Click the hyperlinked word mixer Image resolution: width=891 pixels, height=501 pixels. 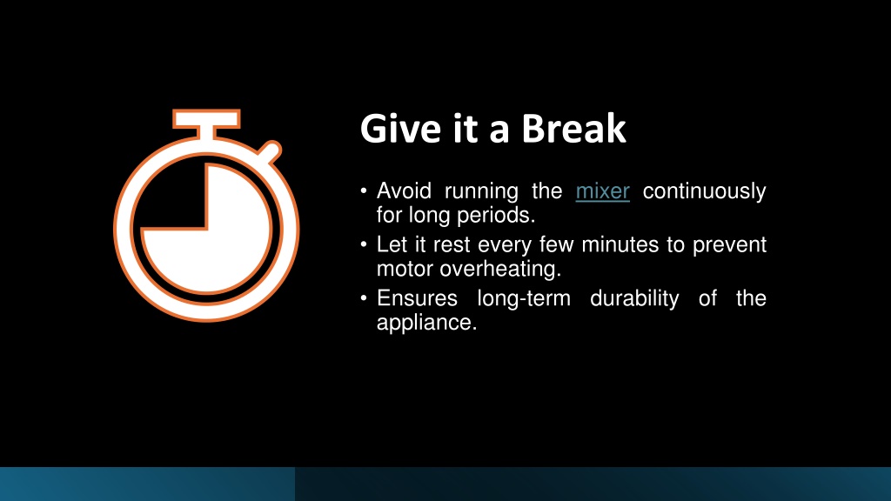point(602,191)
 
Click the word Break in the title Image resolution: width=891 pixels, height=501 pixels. point(573,129)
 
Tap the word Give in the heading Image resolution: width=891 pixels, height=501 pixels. point(400,129)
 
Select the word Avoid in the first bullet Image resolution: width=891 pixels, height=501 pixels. point(404,190)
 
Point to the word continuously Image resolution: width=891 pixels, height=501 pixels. point(704,191)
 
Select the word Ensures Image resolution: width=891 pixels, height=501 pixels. point(417,298)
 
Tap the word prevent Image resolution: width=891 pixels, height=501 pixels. point(729,245)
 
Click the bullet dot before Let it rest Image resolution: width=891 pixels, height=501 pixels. point(364,244)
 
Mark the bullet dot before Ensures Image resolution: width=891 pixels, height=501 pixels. point(364,298)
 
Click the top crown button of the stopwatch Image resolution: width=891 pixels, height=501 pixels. point(206,119)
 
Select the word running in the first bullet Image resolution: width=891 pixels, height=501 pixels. point(481,191)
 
